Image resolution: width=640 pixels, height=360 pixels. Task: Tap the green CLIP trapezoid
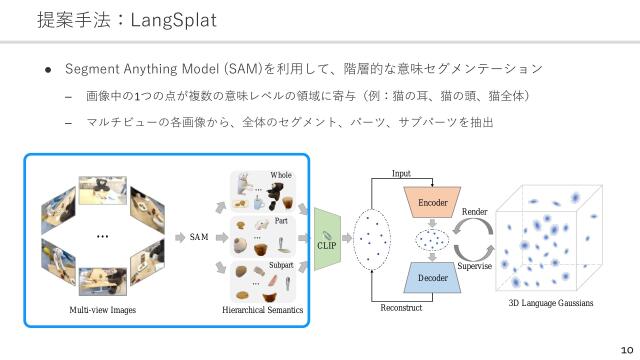click(x=327, y=239)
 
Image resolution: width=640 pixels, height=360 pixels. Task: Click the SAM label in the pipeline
click(x=200, y=237)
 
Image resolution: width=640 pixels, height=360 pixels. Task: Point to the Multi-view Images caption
click(x=103, y=311)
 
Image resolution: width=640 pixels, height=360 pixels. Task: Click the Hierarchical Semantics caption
click(x=262, y=311)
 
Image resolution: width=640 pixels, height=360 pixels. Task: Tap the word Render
click(x=475, y=212)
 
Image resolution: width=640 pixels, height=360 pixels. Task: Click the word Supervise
click(x=478, y=266)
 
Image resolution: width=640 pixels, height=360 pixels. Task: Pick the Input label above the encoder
click(x=401, y=174)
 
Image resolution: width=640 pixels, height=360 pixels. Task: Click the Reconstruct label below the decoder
click(x=401, y=308)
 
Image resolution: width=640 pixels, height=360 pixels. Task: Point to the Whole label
click(x=281, y=176)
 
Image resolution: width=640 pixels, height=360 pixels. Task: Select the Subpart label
click(x=281, y=265)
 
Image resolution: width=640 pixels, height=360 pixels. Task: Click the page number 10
click(x=627, y=350)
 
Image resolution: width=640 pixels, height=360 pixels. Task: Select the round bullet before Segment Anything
click(x=47, y=70)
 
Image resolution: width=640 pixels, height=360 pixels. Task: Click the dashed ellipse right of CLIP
click(x=374, y=240)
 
